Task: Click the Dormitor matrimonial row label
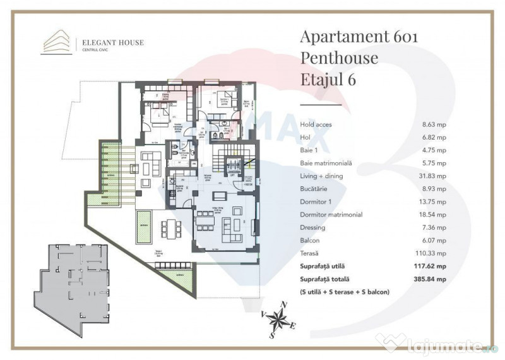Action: click(331, 215)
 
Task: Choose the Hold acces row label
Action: click(316, 125)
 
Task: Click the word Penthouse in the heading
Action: click(339, 59)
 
